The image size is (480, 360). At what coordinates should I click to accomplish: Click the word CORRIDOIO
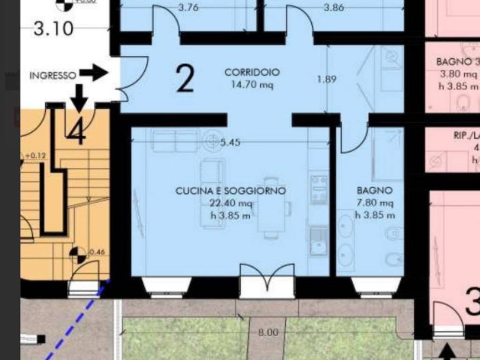click(252, 73)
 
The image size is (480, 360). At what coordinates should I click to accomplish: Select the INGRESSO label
click(52, 75)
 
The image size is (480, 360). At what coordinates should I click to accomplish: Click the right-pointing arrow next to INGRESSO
click(94, 73)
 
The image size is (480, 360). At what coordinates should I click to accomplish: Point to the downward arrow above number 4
click(80, 97)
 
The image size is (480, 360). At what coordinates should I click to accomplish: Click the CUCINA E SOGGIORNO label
click(231, 191)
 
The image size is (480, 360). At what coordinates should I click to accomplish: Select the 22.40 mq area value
click(231, 203)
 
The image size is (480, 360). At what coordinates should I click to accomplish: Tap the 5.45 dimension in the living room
click(230, 142)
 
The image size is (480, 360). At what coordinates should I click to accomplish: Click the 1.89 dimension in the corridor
click(326, 79)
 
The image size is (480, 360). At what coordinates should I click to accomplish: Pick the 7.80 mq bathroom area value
click(374, 203)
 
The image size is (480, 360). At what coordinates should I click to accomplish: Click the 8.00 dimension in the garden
click(268, 333)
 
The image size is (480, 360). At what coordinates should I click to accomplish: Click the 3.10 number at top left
click(53, 29)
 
